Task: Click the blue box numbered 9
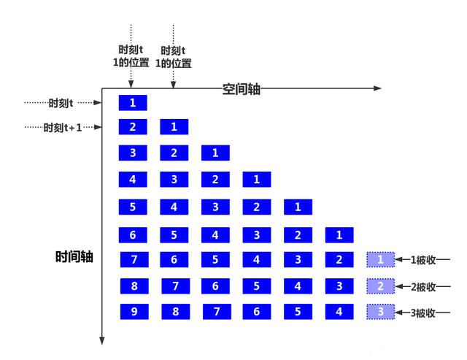133,312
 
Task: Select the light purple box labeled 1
381,259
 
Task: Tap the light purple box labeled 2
381,286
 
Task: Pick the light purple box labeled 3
381,312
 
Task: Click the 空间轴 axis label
242,89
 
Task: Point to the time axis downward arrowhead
103,340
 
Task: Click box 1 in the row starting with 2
174,127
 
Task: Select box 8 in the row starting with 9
174,312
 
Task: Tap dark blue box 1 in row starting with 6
339,235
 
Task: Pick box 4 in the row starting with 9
339,312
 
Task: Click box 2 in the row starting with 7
339,259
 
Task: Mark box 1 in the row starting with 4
257,179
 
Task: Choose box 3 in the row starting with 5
215,207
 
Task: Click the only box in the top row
133,102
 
